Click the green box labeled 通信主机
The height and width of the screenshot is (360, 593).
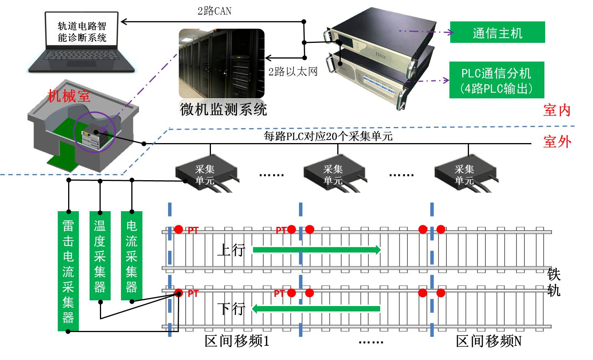point(497,32)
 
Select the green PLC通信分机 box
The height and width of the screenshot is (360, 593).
point(497,80)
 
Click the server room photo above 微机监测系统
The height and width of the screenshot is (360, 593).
point(221,64)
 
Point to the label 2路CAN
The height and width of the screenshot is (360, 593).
point(214,11)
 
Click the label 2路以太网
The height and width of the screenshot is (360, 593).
point(293,72)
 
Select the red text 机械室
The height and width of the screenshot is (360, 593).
point(69,96)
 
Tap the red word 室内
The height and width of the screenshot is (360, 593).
point(557,110)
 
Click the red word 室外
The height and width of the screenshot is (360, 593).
point(557,142)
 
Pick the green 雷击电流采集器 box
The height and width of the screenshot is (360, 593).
point(68,270)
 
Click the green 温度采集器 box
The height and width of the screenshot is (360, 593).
point(100,255)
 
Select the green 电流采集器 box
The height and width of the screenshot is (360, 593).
point(131,255)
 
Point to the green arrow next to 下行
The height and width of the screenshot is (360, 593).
point(316,308)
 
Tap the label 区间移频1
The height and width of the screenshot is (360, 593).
point(237,341)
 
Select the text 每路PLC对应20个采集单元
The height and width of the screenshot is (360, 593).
point(328,136)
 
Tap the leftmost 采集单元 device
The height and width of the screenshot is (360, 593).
point(206,173)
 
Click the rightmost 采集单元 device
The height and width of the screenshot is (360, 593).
point(465,173)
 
